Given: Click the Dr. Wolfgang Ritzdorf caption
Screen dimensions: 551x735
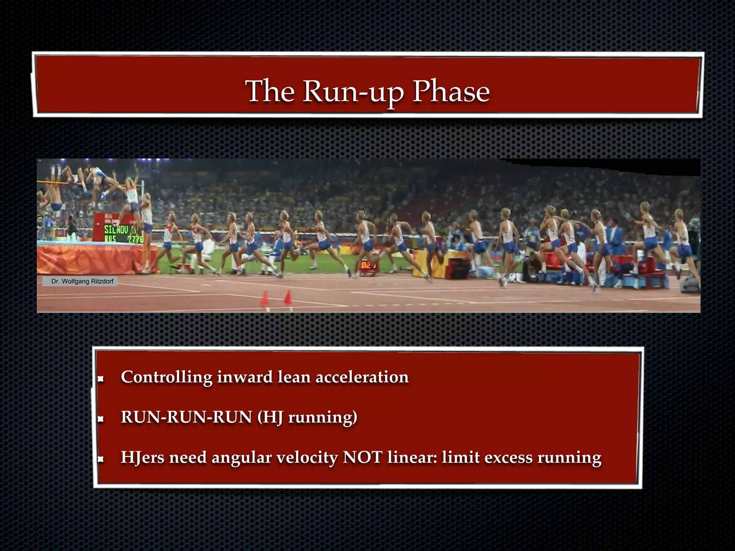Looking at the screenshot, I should coord(82,281).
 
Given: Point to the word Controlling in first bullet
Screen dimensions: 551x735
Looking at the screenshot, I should coord(167,377).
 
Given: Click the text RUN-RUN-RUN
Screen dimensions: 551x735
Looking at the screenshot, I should coord(186,417).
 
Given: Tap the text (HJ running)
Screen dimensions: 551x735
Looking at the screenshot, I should coord(307,417).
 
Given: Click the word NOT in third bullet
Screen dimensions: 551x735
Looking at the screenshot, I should coord(362,457).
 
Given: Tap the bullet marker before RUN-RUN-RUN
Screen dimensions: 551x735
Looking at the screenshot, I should coord(101,419).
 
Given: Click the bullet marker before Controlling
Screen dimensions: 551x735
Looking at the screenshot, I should coord(101,378).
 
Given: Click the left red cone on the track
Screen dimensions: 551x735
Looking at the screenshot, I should coord(265,299).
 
